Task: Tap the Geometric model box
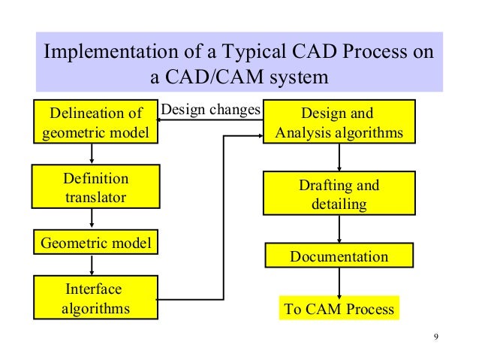(95, 243)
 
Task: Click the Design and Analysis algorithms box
(339, 123)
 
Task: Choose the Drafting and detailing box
(339, 194)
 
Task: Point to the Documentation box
(339, 256)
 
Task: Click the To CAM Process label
(338, 309)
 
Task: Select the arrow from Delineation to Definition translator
(92, 154)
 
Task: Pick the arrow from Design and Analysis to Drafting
(339, 158)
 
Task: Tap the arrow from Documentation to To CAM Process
(339, 282)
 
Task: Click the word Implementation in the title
(104, 56)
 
